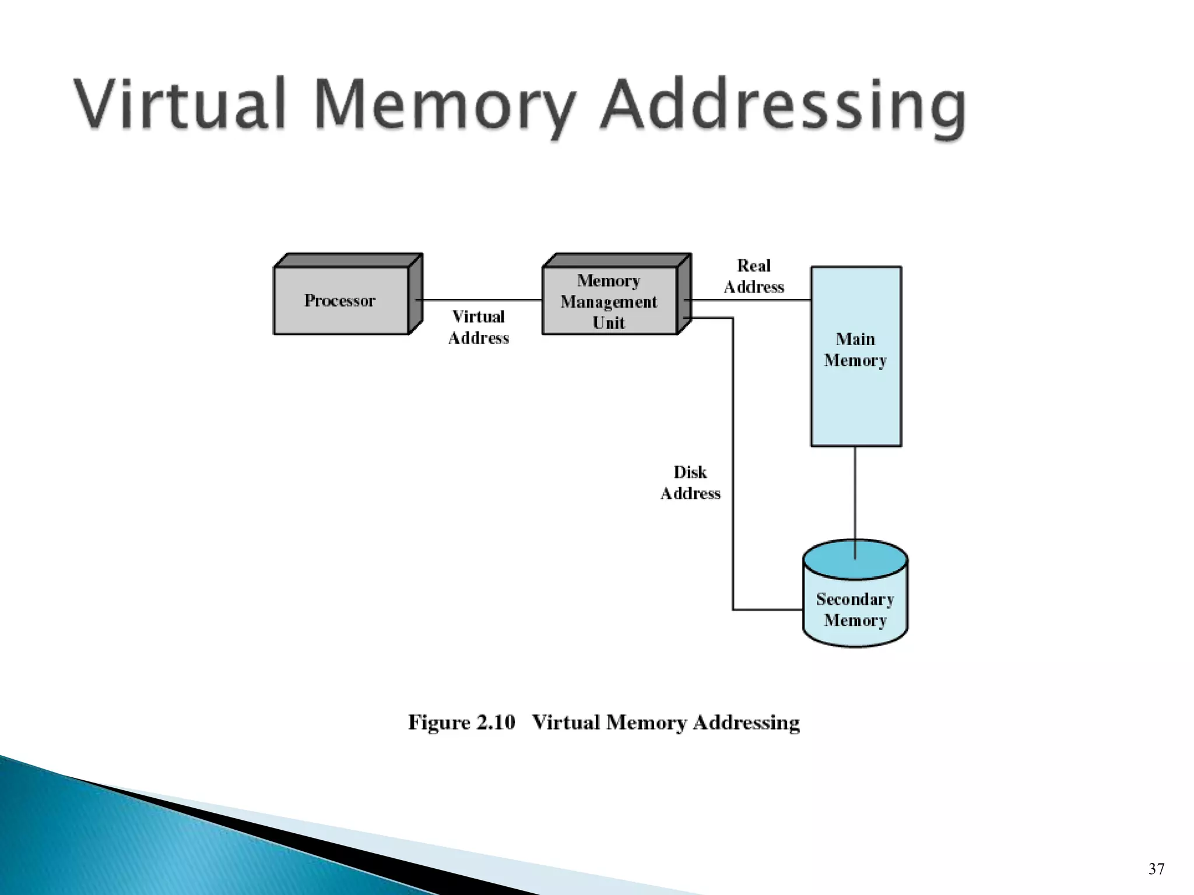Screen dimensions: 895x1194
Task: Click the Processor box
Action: pos(341,301)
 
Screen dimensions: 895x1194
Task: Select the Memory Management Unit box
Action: pos(609,301)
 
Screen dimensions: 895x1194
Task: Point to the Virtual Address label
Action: pos(478,327)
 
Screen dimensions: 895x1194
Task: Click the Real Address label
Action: pos(753,276)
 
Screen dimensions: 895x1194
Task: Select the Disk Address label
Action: pos(690,482)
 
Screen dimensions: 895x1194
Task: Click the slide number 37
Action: pos(1156,869)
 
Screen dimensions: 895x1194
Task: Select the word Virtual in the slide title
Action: pos(181,105)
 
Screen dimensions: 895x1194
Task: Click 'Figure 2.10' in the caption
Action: pos(461,723)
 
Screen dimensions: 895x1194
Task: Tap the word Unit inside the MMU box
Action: pos(609,323)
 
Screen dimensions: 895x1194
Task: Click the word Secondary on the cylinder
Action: pos(855,599)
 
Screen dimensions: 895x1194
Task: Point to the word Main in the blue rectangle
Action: pos(855,339)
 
